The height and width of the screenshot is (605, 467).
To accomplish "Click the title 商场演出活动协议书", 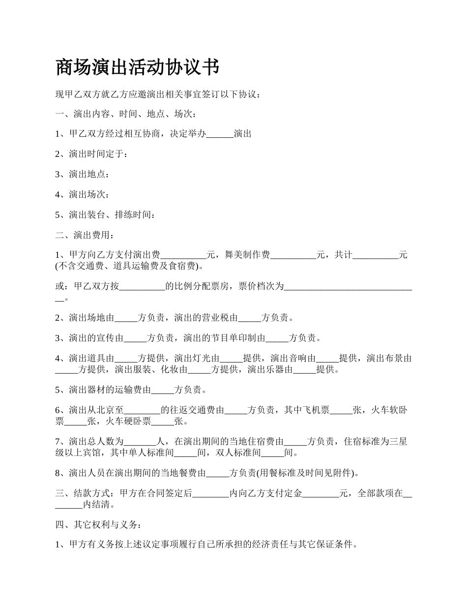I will click(137, 67).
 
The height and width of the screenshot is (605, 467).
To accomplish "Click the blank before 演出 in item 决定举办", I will click(220, 134).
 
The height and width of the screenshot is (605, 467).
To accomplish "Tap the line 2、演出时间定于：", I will click(92, 154).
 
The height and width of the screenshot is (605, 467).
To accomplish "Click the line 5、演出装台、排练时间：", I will click(106, 215).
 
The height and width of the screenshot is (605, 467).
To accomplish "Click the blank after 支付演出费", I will click(183, 255).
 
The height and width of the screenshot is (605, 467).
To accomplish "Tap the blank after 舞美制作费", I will click(293, 255).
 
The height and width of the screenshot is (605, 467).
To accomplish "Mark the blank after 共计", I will click(376, 255).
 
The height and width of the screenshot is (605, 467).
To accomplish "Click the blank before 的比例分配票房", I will click(142, 286).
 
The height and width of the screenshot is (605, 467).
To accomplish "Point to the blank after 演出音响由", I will click(327, 359).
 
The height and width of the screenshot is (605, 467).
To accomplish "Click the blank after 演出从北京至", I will click(143, 410).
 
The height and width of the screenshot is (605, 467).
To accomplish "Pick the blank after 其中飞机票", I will click(341, 410).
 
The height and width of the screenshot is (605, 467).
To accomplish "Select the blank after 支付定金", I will click(321, 493).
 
